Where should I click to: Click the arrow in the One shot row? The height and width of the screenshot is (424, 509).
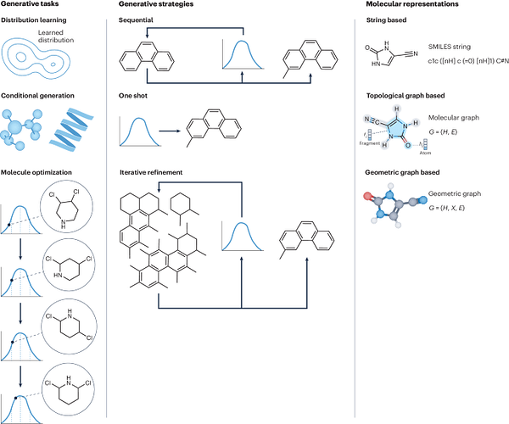click(169, 131)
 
